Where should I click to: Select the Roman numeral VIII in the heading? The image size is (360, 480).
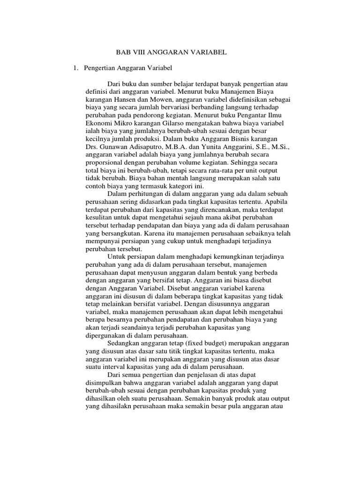(141, 53)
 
